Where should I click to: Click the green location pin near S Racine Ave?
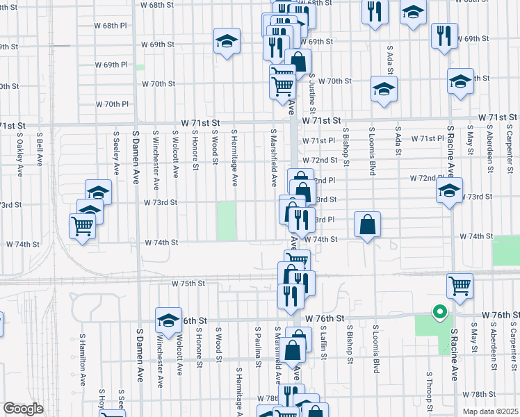click(x=439, y=313)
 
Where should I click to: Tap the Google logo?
click(x=23, y=408)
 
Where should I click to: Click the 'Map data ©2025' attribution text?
click(x=490, y=411)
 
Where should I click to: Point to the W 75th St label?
click(x=188, y=284)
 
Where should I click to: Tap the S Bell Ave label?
click(x=40, y=149)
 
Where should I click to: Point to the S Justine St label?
click(x=313, y=95)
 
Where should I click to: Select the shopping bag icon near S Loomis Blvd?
click(x=368, y=224)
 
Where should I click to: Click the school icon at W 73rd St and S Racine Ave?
click(x=449, y=190)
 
